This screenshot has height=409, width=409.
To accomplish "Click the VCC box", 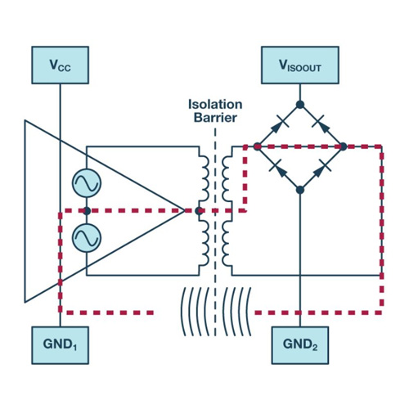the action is click(x=60, y=65).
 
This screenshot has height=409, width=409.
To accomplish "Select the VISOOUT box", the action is click(x=300, y=65).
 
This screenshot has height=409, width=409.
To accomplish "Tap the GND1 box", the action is click(x=60, y=345).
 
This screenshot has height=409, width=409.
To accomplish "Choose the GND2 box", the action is click(x=300, y=345).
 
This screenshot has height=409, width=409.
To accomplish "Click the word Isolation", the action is click(x=215, y=105).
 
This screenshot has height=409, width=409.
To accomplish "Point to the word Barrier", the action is click(x=215, y=118).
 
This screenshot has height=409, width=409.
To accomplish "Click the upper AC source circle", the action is click(x=87, y=183).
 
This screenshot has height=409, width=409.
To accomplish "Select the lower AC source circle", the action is click(x=87, y=237).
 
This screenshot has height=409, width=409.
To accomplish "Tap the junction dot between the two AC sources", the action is click(x=87, y=210).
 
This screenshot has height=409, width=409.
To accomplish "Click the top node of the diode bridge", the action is click(x=300, y=105).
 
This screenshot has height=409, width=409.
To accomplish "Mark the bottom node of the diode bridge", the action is click(x=300, y=190).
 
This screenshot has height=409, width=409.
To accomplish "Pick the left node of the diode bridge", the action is click(x=257, y=146).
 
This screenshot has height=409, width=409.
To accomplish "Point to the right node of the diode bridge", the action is click(x=343, y=146).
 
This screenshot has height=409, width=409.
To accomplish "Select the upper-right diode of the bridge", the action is click(x=321, y=124).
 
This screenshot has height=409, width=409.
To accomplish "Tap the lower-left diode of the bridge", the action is click(x=278, y=169).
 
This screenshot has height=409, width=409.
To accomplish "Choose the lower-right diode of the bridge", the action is click(x=321, y=169).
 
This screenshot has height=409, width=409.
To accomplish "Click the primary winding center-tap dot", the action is click(x=199, y=210).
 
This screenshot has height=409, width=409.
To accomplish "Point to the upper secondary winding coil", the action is click(x=227, y=178).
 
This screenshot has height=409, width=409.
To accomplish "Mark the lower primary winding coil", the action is click(x=204, y=243).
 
